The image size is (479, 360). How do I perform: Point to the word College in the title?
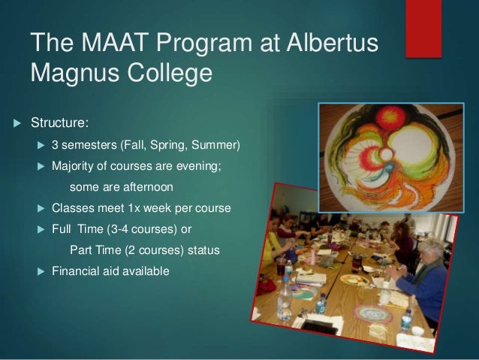point(170,75)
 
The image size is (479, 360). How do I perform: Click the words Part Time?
point(94,250)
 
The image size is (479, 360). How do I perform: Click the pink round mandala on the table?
point(371,312)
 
